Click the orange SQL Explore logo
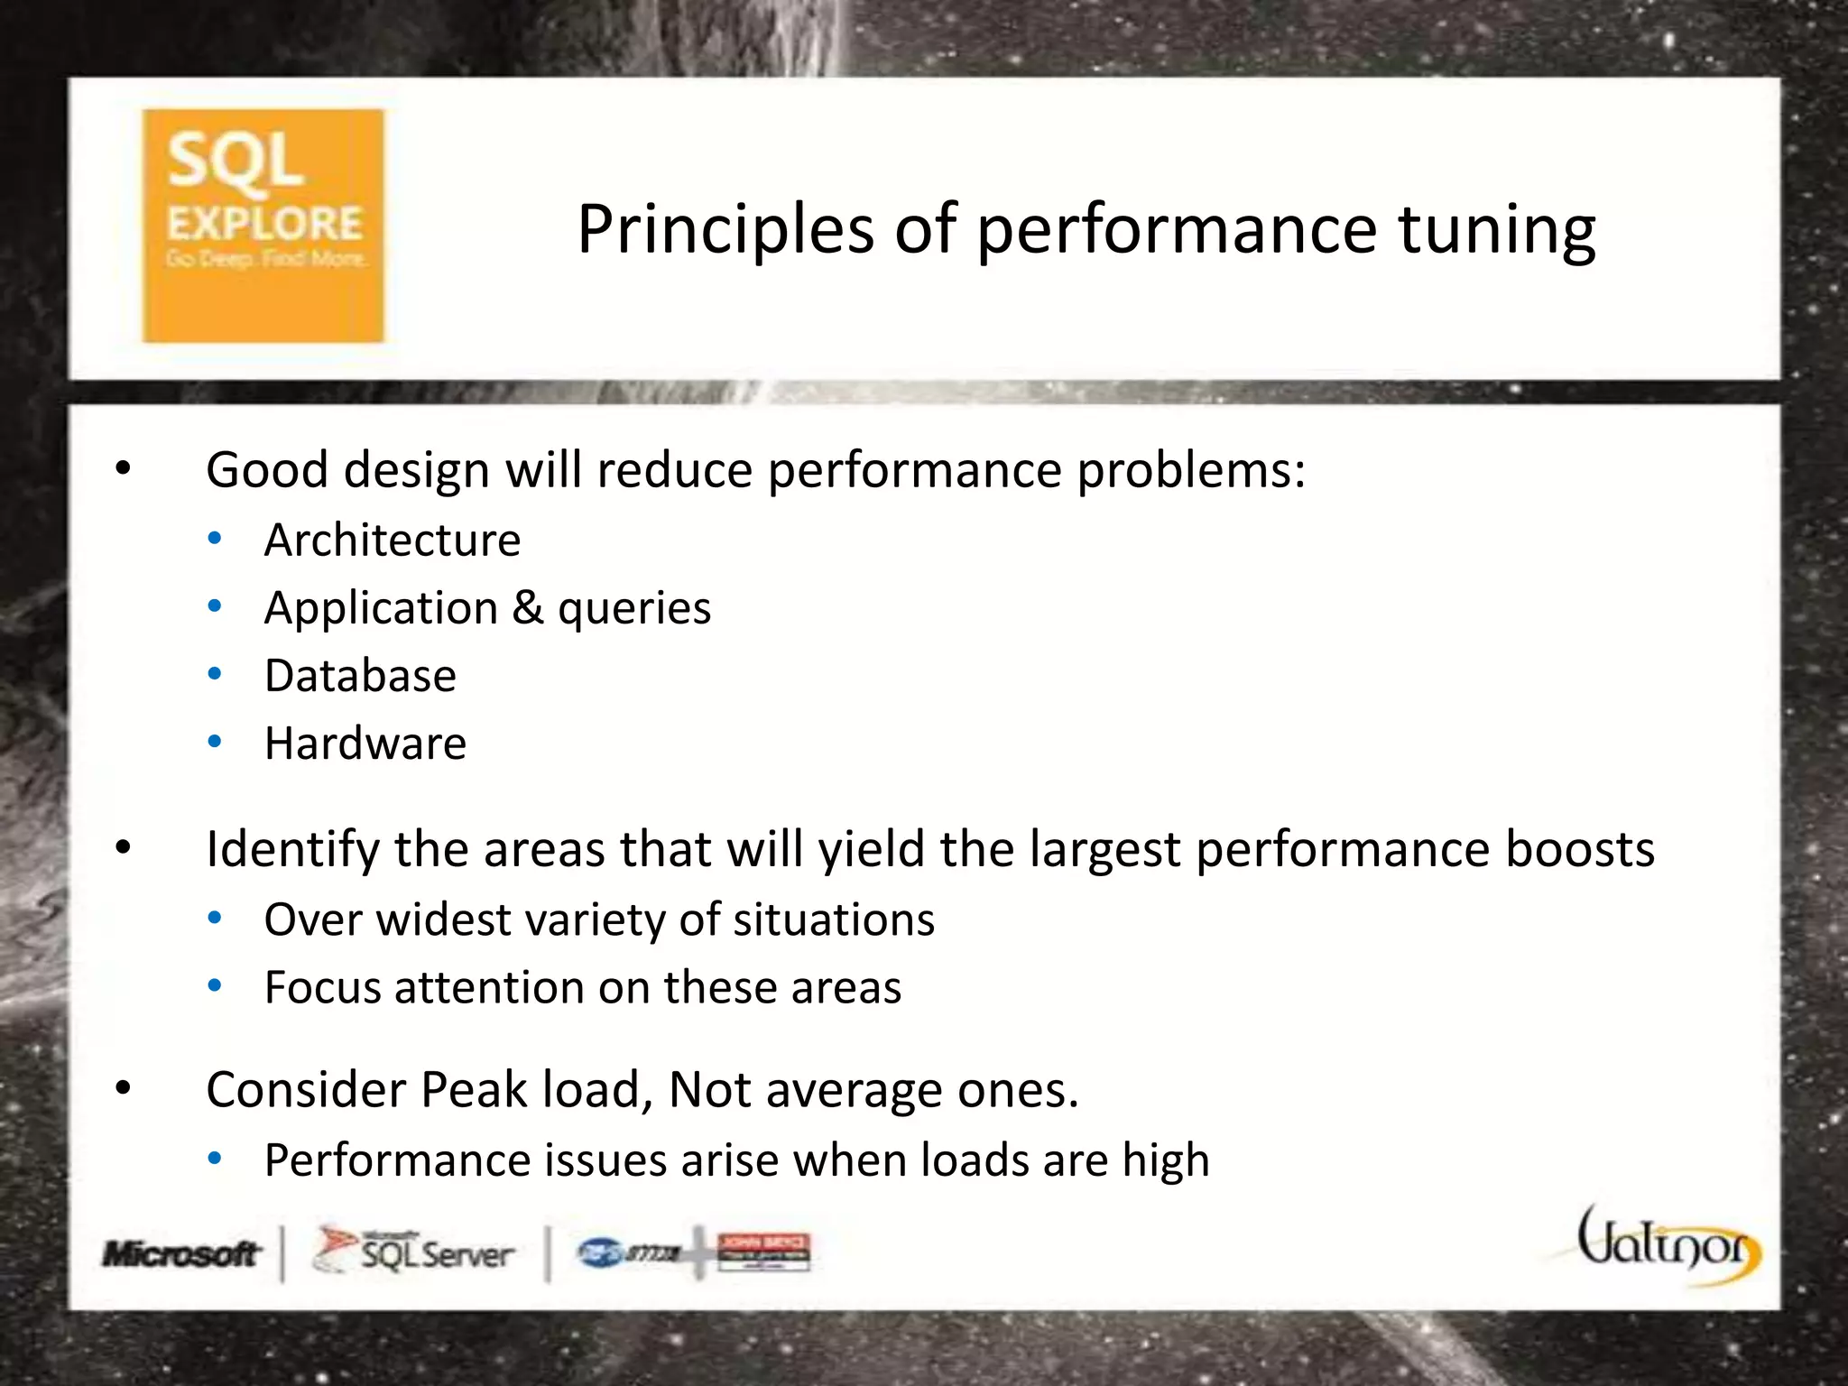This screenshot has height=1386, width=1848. (x=263, y=226)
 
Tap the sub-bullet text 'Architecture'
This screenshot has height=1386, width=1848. (x=393, y=541)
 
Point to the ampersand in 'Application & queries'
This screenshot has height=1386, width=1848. (x=528, y=607)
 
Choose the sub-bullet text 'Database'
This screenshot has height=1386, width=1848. (x=360, y=676)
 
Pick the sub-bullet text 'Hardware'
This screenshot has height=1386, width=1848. (x=365, y=744)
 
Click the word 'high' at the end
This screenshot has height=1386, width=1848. (x=1165, y=1161)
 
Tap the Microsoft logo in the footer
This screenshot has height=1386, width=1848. (x=181, y=1253)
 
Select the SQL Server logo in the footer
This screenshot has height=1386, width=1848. (x=414, y=1252)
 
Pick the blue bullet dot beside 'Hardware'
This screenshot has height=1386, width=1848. (x=215, y=743)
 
